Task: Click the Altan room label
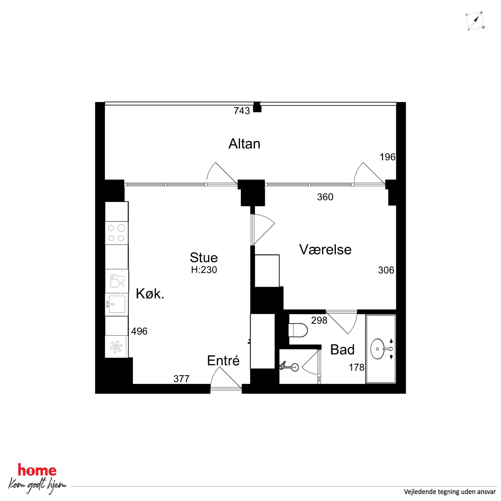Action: (244, 144)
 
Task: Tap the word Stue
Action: (204, 258)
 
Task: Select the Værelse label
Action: (325, 249)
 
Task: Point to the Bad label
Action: (342, 350)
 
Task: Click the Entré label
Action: (223, 360)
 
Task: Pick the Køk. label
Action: (150, 294)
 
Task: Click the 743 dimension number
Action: (242, 111)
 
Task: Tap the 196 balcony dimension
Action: (387, 157)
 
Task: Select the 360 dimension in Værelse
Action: (325, 197)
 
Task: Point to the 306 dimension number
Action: (386, 270)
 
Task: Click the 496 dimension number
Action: (139, 331)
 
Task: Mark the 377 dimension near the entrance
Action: (182, 379)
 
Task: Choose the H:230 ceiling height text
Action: (204, 270)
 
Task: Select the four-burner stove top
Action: (116, 233)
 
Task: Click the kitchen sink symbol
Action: (116, 304)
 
